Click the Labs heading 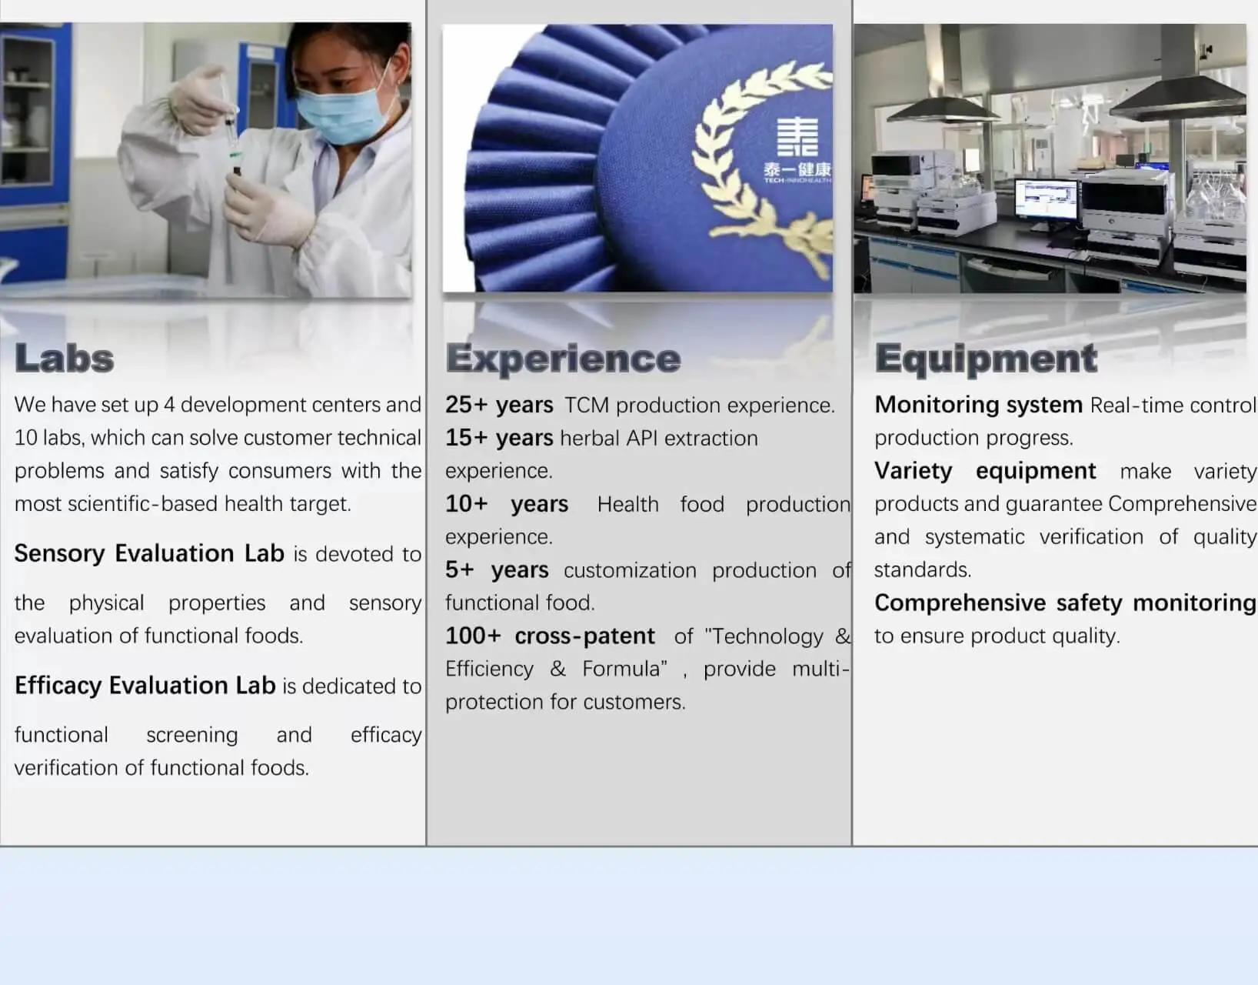pos(65,358)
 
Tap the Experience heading pos(564,359)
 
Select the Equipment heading pos(986,359)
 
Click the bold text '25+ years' pos(499,405)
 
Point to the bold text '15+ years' pos(499,438)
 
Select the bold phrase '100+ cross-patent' pos(550,636)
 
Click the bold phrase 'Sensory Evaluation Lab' pos(149,553)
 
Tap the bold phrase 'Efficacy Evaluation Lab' pos(145,686)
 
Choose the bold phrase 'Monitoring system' pos(978,405)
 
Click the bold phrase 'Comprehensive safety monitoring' pos(1065,603)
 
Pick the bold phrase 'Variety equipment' pos(985,471)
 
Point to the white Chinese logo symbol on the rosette pos(797,137)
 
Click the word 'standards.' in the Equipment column pos(923,569)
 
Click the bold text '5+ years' pos(497,569)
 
